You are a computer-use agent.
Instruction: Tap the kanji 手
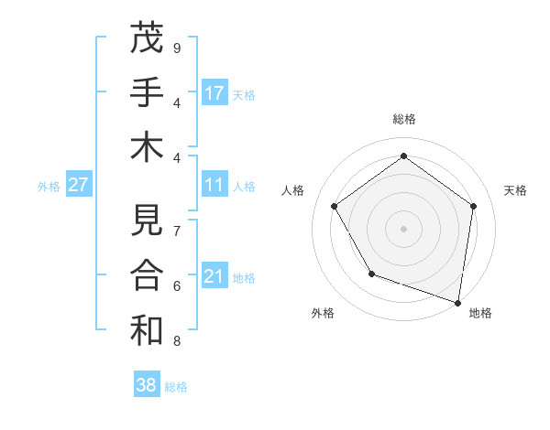pos(147,92)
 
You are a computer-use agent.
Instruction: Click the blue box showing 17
pos(214,93)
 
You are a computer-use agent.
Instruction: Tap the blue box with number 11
pos(214,185)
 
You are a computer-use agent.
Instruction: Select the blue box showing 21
pos(214,276)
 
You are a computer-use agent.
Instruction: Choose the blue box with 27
pos(79,185)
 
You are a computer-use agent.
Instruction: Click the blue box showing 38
pos(147,385)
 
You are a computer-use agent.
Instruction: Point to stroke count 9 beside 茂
pos(177,48)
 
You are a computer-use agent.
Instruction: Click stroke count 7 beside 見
pos(177,231)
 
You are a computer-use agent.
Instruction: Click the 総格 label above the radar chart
pos(403,119)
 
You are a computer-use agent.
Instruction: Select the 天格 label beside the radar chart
pos(515,190)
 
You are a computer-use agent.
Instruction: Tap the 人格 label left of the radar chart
pos(293,190)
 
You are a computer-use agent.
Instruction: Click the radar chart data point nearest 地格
pos(457,302)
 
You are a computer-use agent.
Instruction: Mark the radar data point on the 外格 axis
pos(371,274)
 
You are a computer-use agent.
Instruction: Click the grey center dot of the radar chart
pos(403,228)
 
